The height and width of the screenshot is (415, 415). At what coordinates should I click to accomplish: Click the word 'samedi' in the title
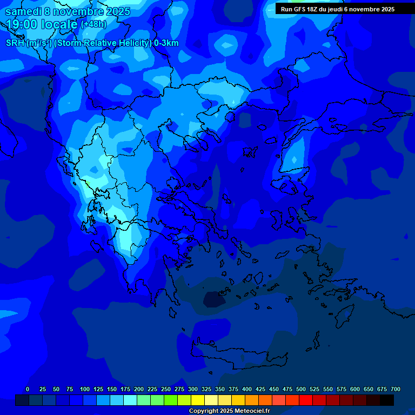click(x=23, y=11)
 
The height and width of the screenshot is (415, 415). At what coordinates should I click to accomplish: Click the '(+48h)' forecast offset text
click(x=93, y=24)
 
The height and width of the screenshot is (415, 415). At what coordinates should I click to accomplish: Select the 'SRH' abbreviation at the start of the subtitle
click(x=15, y=43)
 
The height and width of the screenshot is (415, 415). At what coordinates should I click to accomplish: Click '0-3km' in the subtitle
click(x=166, y=43)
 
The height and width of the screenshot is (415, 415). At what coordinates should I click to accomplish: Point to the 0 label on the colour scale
click(x=28, y=389)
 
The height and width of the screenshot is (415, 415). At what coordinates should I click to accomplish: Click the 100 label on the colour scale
click(x=85, y=389)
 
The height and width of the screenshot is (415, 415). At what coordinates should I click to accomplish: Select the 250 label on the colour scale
click(x=166, y=389)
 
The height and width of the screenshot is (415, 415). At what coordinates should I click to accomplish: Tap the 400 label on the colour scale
click(x=247, y=389)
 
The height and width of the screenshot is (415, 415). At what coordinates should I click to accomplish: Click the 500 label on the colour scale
click(x=301, y=389)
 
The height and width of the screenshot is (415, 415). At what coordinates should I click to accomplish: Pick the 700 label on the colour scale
click(x=396, y=389)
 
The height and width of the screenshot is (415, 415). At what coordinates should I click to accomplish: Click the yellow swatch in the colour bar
click(x=198, y=400)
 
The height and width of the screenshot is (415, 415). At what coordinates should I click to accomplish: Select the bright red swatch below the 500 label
click(x=306, y=400)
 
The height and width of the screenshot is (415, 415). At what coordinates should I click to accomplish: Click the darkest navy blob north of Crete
click(x=213, y=299)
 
